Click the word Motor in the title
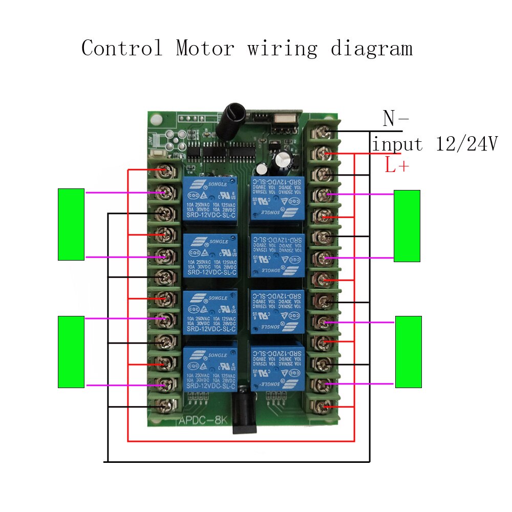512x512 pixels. tap(205, 49)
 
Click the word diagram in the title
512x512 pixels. tap(371, 49)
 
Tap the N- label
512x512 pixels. tap(395, 119)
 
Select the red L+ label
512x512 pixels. tap(396, 165)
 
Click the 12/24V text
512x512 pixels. tap(466, 144)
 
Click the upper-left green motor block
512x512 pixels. tap(71, 224)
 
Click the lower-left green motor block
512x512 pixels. tap(71, 352)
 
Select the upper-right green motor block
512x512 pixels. tap(407, 226)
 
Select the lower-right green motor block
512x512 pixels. tap(408, 352)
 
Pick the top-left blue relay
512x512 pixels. tap(209, 198)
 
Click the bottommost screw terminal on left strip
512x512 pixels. tap(165, 407)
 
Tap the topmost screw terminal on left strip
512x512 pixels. tap(165, 170)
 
